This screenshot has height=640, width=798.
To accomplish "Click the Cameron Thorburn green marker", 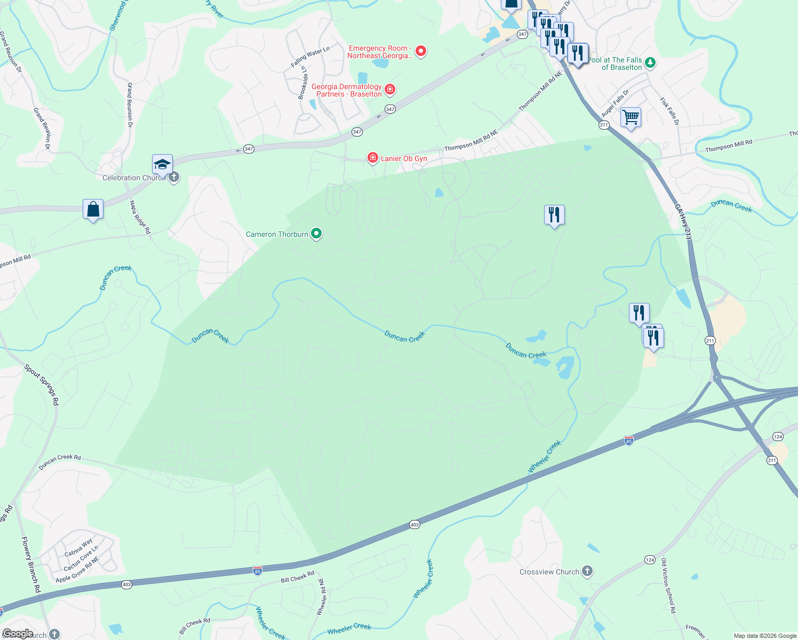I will (x=316, y=234).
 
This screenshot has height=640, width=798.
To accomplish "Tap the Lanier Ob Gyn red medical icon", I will (x=373, y=158).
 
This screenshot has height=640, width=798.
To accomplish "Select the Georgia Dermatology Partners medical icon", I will (x=390, y=89).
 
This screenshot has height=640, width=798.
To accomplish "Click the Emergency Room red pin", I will (x=421, y=51).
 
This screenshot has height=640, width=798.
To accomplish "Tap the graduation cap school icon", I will (x=162, y=164).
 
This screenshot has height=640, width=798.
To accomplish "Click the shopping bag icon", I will (x=93, y=210).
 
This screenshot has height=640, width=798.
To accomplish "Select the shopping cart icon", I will (x=631, y=117).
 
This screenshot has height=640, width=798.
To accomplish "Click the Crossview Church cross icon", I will (x=587, y=571).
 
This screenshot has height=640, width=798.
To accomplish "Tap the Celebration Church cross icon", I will (x=173, y=178).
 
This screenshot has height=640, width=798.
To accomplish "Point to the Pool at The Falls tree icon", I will (x=650, y=63).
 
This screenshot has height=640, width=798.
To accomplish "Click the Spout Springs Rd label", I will (x=41, y=385).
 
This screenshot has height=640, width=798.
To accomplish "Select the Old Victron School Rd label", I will (x=668, y=585).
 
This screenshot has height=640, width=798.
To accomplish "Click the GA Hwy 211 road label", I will (x=683, y=222).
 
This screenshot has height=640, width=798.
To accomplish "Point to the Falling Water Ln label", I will (x=310, y=57).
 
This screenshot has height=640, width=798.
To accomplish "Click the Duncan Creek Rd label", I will (x=60, y=462).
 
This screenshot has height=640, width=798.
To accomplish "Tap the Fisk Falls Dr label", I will (x=669, y=111).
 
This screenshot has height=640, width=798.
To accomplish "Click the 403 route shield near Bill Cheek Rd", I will (x=126, y=585).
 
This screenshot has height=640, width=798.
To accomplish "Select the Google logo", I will (x=18, y=634).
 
